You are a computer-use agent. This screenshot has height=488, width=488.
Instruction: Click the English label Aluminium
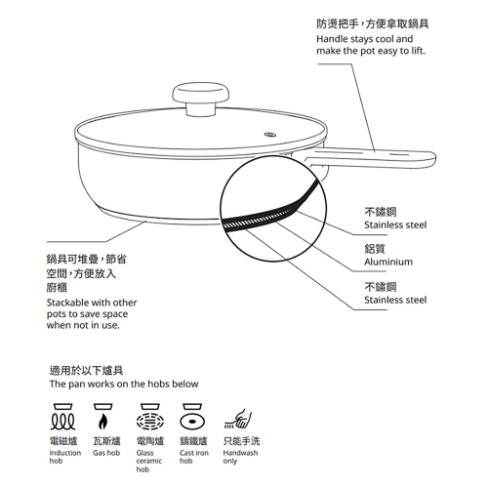point(388,262)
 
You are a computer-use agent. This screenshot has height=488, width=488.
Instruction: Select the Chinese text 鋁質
point(377,248)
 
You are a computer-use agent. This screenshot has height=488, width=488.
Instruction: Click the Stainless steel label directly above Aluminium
point(395,224)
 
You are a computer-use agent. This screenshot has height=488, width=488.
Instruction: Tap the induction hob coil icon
point(63,420)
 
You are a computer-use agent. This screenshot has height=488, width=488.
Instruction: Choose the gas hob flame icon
point(106,420)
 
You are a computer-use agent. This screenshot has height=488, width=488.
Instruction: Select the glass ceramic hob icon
point(150,420)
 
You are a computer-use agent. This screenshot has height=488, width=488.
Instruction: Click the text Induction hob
point(65,457)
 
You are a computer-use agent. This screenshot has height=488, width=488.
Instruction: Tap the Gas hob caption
point(106,453)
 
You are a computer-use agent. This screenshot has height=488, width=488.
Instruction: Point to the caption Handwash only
point(240,457)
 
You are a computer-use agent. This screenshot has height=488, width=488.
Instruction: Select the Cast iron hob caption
point(194,457)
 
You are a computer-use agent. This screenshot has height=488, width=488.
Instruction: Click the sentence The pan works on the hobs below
point(124,385)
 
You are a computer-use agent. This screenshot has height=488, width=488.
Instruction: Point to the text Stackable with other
point(92,303)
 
